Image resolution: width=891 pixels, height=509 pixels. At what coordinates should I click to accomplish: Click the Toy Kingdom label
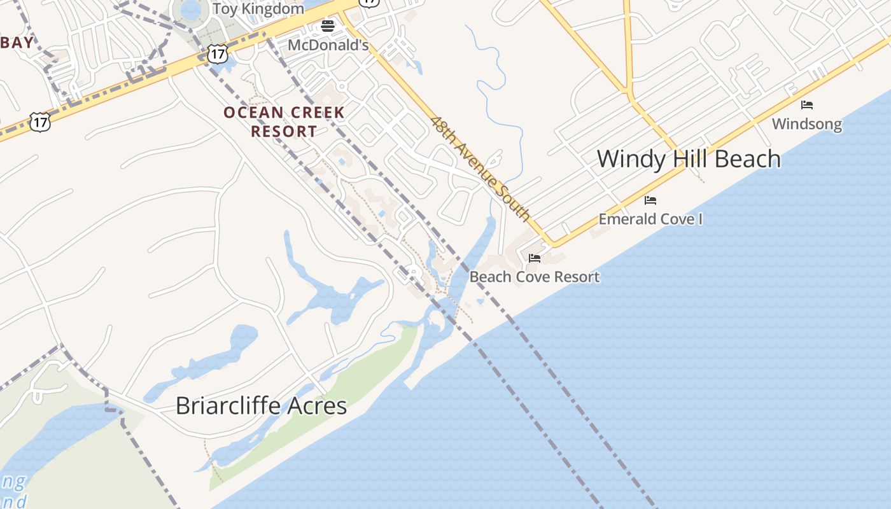258,9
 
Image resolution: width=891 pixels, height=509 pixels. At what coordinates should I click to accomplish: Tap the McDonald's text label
328,45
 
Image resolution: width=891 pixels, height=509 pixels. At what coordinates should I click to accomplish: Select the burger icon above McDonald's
328,26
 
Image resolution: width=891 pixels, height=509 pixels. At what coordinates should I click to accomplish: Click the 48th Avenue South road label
481,169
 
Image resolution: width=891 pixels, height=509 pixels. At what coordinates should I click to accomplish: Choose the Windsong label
806,123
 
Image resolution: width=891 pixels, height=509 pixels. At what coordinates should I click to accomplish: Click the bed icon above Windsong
807,104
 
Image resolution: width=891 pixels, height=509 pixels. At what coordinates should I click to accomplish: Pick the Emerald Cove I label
650,219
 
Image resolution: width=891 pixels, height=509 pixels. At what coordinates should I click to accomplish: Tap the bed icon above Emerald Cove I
650,200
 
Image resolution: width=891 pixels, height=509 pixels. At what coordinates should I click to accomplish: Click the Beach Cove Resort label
535,277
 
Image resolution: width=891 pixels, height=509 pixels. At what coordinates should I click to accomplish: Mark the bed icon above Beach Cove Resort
535,258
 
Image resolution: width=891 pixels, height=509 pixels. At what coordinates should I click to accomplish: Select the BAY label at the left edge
17,43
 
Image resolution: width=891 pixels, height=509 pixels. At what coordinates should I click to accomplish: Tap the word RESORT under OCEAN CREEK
284,132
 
